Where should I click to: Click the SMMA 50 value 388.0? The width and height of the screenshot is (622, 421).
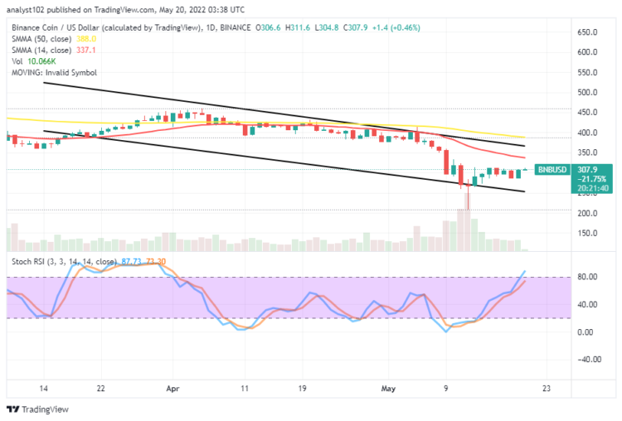(87, 38)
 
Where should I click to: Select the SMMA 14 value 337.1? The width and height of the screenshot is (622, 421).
(87, 50)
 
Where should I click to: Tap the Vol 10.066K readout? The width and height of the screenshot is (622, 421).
(41, 60)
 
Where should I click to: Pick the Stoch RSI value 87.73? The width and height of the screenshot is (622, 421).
(132, 262)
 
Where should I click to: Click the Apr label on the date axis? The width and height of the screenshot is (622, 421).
(173, 387)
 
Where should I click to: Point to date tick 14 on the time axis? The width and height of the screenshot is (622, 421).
(44, 387)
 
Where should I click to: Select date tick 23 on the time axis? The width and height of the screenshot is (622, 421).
(547, 387)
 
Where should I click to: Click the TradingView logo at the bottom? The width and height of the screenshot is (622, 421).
(40, 409)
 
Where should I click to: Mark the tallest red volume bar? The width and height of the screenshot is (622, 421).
(468, 230)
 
